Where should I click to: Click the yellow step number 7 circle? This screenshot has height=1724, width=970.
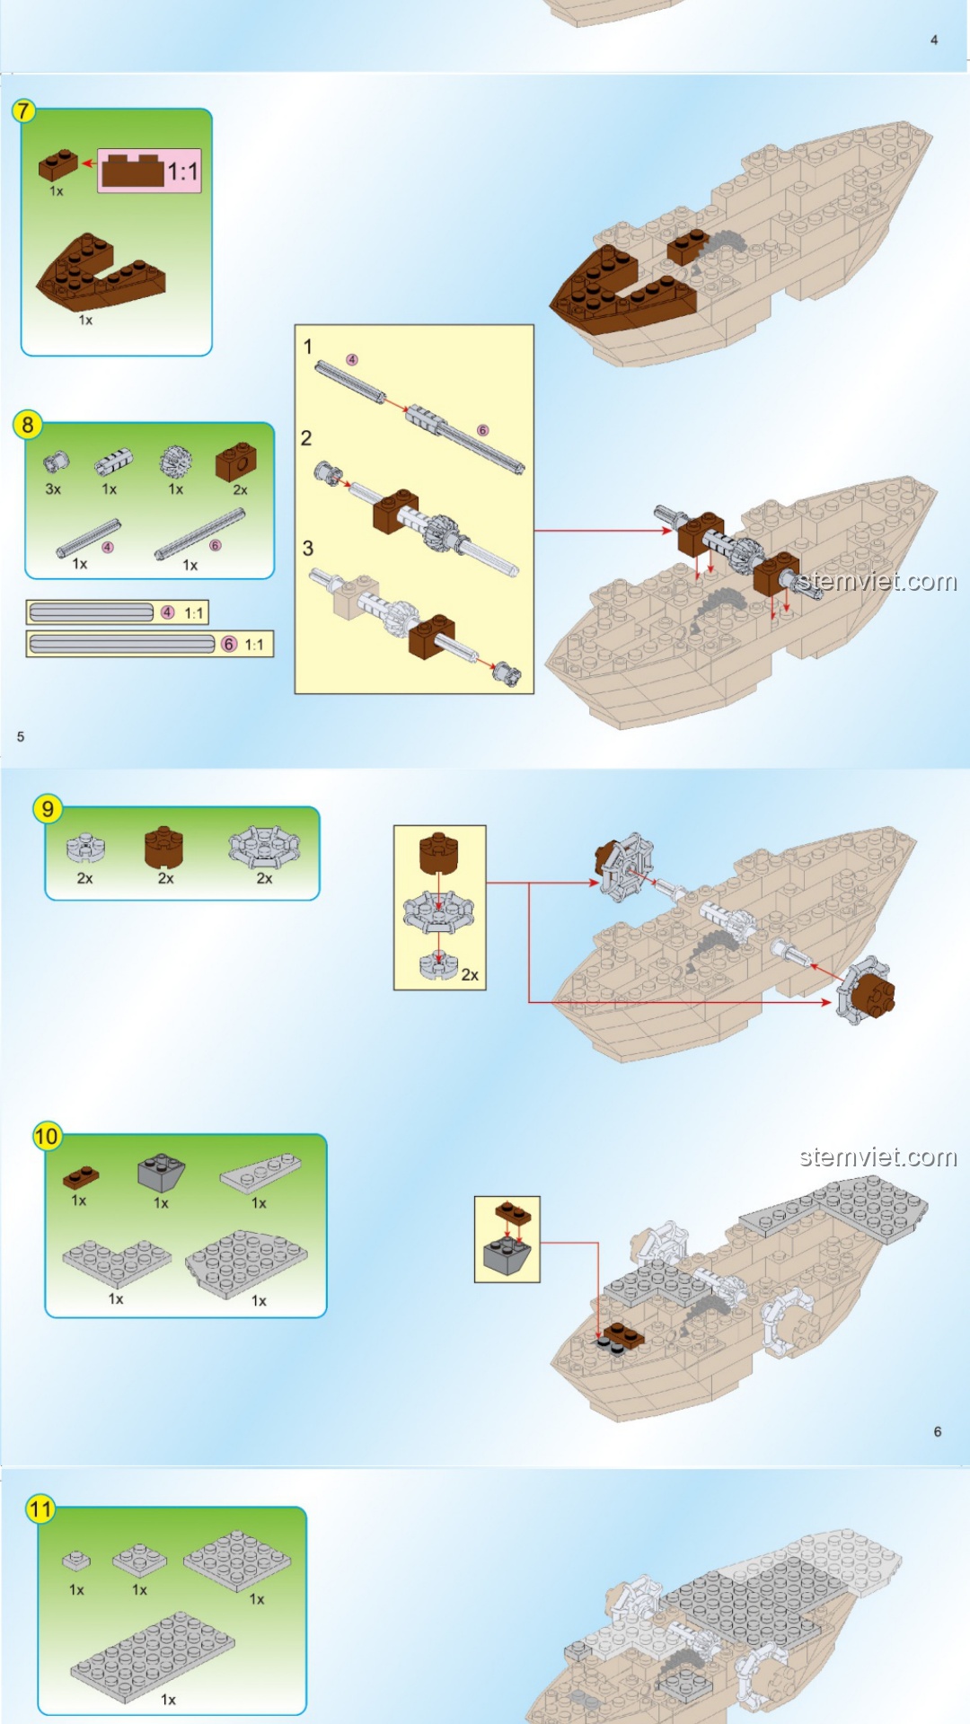tap(23, 110)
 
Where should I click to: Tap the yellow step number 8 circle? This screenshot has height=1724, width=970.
tap(28, 425)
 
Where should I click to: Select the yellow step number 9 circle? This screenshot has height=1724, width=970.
tap(48, 809)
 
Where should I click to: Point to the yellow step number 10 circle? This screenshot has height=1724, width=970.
tap(47, 1136)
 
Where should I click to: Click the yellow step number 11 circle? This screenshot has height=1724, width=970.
tap(40, 1508)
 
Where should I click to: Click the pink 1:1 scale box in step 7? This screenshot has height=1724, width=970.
tap(149, 171)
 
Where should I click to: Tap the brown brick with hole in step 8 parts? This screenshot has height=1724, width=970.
tap(235, 462)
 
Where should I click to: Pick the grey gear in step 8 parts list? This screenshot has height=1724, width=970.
tap(175, 462)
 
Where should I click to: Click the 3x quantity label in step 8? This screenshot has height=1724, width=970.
tap(53, 489)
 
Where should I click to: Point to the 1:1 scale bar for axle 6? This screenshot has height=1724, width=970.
tap(149, 644)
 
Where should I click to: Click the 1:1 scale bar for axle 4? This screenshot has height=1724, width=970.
tap(118, 612)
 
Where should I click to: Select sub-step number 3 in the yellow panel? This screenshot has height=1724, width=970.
tap(308, 548)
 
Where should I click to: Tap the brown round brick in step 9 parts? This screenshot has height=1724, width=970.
tap(163, 846)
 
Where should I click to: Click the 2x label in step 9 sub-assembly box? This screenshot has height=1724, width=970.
tap(469, 974)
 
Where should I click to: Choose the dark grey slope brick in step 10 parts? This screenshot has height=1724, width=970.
tap(161, 1172)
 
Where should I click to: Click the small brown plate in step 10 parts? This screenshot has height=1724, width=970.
tap(81, 1176)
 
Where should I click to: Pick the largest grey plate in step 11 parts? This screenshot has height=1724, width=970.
tap(153, 1657)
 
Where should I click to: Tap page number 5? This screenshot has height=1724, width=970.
tap(21, 736)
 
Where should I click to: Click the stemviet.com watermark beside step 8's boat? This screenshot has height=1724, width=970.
tap(877, 581)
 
